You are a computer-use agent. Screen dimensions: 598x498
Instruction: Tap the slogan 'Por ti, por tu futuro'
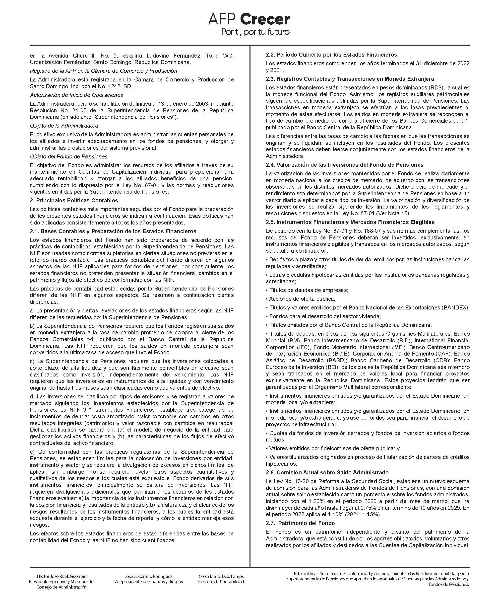coord(255,32)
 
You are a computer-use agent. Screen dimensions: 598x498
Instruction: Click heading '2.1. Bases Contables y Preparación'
coord(113,231)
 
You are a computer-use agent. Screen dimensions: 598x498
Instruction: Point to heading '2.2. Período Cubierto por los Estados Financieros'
coord(331,54)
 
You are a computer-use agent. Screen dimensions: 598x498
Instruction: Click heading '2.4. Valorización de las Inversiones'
coord(344,165)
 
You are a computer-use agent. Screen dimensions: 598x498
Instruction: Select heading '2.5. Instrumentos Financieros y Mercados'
coord(350,222)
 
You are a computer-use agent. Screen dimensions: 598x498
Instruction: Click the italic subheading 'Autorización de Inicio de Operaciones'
coord(76,95)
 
